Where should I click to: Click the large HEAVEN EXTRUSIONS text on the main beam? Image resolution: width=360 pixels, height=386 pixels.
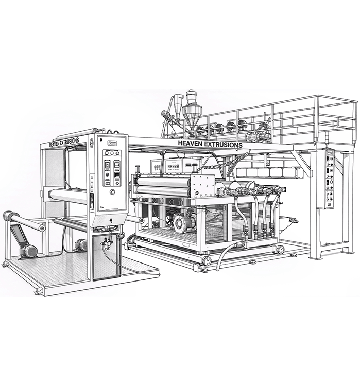pos(210,145)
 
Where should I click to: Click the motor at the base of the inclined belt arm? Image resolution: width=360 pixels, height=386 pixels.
pos(28,251)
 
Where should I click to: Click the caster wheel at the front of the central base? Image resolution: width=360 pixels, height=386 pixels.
pos(205,260)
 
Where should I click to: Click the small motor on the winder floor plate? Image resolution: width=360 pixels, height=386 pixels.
pos(81,245)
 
